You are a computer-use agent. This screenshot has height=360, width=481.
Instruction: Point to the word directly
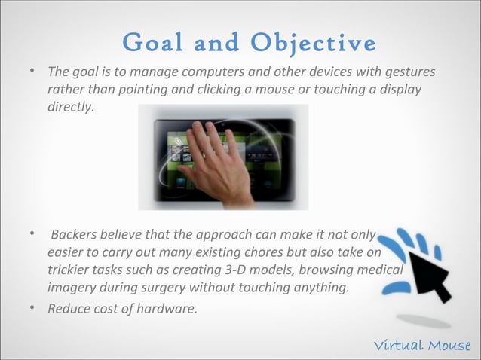pos(72,108)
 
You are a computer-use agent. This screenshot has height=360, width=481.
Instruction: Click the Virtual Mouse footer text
pos(423,345)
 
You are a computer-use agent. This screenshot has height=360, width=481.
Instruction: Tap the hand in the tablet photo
pos(216,162)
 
